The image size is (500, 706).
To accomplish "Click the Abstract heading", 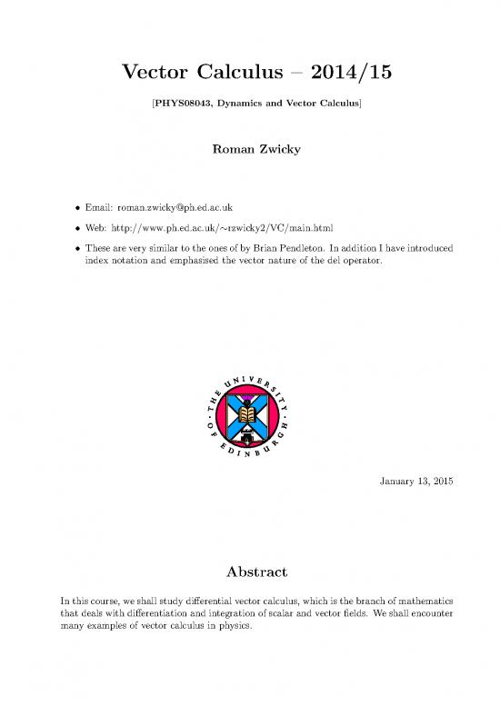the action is tap(250, 572).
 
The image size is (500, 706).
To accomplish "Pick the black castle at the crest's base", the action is tap(252, 425).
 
